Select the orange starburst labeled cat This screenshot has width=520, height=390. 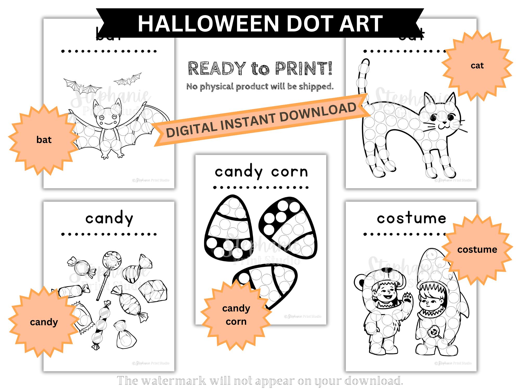(477, 66)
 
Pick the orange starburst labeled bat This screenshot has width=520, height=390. (44, 140)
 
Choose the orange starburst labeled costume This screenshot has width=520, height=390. (477, 250)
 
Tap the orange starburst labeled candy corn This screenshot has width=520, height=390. (236, 315)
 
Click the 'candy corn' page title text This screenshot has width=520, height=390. (261, 172)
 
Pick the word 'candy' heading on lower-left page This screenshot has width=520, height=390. (109, 219)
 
